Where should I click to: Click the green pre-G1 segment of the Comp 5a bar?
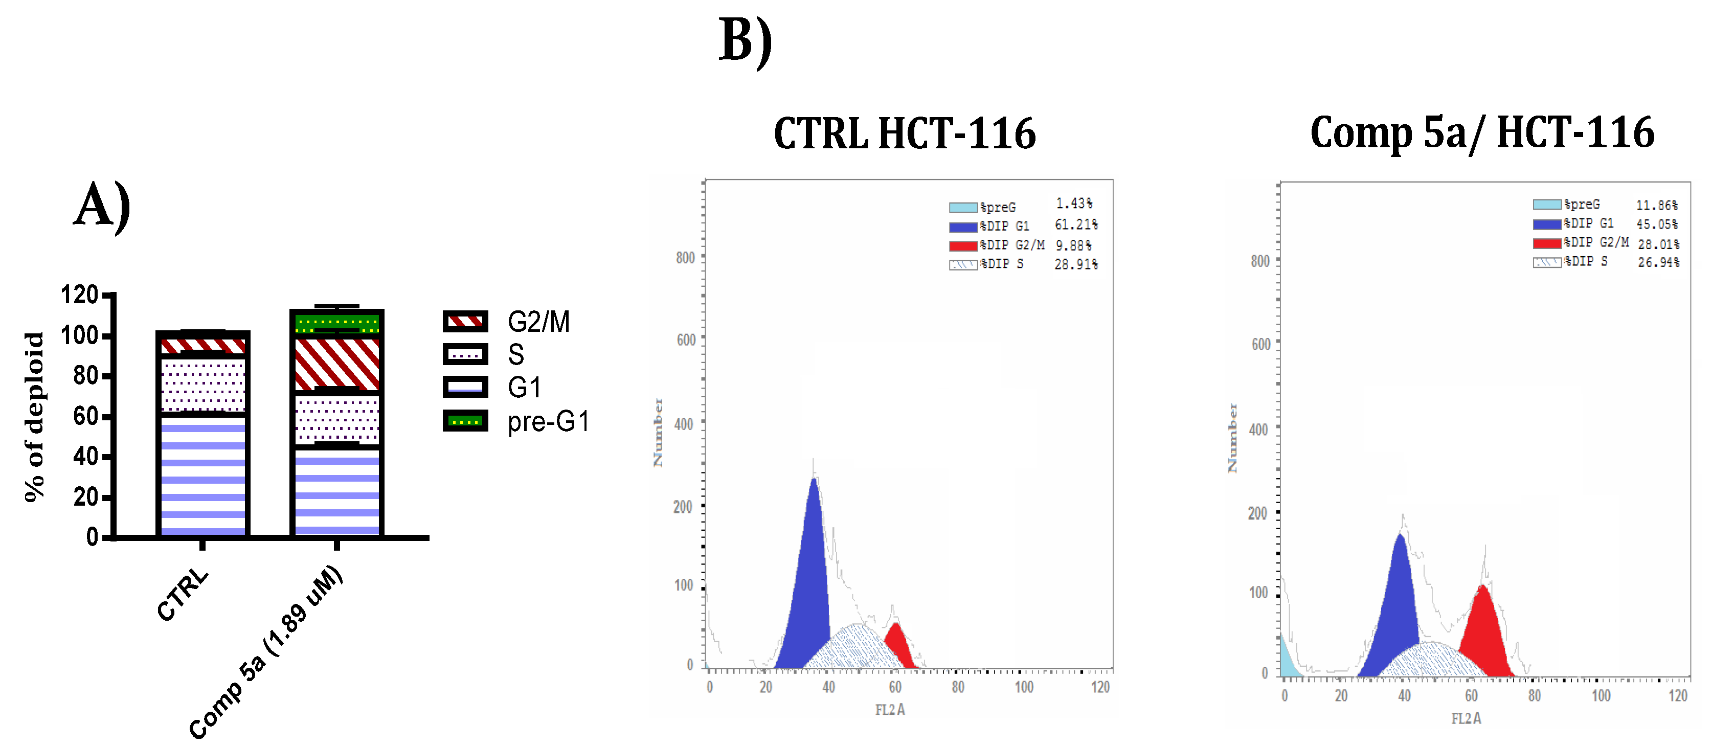coord(337,324)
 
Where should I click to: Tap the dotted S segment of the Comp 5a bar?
coord(337,420)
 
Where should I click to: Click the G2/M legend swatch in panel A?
coord(465,322)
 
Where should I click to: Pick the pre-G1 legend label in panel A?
coord(548,422)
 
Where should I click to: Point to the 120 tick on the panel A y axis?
coord(80,295)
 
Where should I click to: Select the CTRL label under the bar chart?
coord(182,595)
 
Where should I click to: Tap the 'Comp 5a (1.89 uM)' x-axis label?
coord(266,651)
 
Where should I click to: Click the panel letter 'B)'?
coord(745,41)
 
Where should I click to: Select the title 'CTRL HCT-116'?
coord(905,133)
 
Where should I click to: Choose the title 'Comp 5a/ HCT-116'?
coord(1481,132)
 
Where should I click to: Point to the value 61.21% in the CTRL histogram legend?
coord(1076,225)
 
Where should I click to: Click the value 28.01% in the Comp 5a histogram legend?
coord(1657,244)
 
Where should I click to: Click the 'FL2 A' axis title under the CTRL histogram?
coord(890,710)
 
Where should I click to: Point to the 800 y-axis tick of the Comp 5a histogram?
coord(1260,261)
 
